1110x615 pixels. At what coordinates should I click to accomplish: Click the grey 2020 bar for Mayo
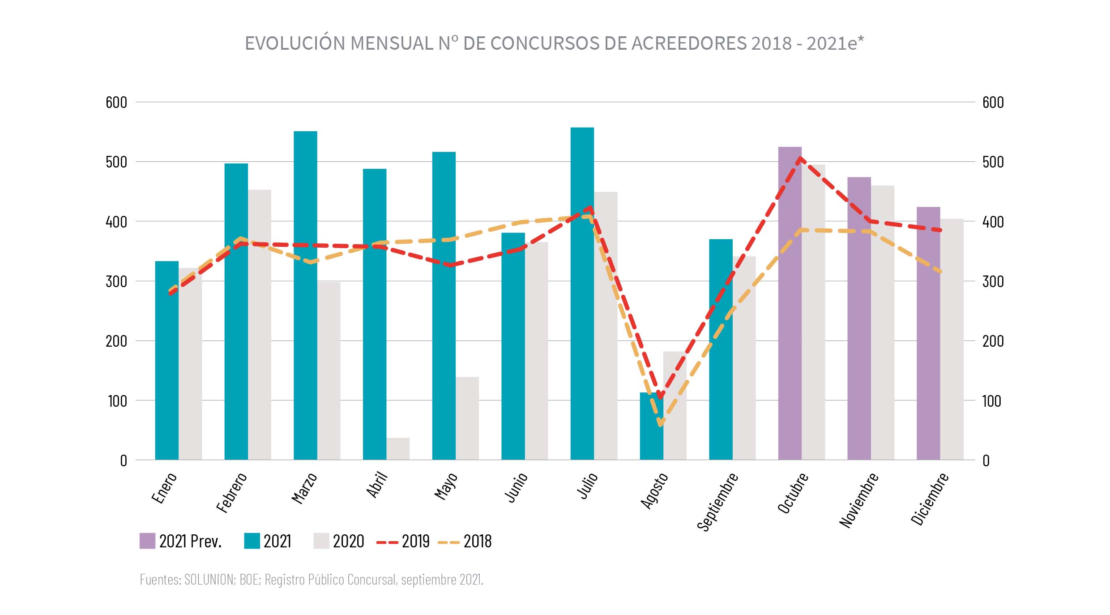pyautogui.click(x=467, y=418)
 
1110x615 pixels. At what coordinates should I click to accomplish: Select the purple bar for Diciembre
pyautogui.click(x=928, y=333)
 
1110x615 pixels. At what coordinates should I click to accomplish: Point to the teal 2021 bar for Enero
pyautogui.click(x=166, y=361)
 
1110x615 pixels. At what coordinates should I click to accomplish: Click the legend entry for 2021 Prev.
pyautogui.click(x=180, y=541)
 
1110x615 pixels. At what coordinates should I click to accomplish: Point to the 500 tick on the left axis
pyautogui.click(x=116, y=162)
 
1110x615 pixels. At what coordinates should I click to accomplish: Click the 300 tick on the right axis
pyautogui.click(x=993, y=281)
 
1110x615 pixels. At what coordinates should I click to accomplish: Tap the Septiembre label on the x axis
pyautogui.click(x=717, y=501)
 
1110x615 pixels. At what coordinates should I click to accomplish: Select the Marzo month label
pyautogui.click(x=304, y=488)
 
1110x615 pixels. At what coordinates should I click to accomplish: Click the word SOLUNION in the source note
pyautogui.click(x=209, y=579)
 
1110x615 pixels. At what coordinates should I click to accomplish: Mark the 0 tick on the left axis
pyautogui.click(x=124, y=460)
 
